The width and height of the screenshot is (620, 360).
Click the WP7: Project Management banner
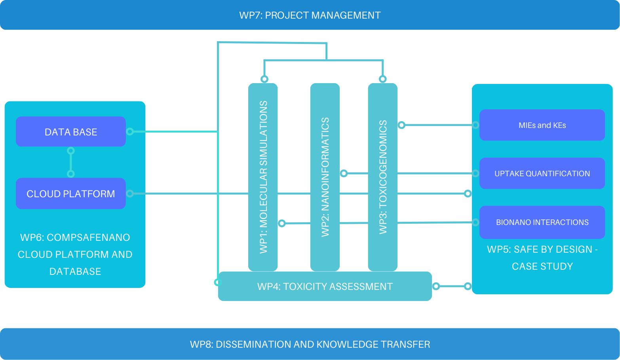(310, 15)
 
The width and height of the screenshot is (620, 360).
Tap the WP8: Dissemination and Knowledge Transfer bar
(310, 344)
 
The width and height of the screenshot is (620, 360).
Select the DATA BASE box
(70, 131)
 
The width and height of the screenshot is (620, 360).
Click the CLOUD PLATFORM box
(70, 194)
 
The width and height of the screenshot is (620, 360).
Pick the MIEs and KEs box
(542, 125)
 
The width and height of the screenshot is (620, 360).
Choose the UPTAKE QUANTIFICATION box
(542, 173)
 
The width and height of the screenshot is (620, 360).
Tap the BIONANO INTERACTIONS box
(542, 222)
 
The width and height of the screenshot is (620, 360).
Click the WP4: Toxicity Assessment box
(325, 286)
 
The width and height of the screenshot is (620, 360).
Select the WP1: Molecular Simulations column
(263, 177)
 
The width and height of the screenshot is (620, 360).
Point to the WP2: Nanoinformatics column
(325, 177)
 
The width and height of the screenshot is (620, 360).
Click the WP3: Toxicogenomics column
(382, 177)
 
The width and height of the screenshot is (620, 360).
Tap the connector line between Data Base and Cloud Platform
(71, 162)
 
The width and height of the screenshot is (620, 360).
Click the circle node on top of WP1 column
(264, 79)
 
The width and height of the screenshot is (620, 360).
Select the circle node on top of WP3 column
(382, 79)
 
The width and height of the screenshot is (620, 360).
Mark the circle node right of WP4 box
(436, 286)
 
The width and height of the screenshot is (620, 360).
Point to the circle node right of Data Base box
(130, 131)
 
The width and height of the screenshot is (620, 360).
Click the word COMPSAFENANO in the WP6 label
(88, 237)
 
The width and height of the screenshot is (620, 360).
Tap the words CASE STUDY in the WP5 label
(542, 266)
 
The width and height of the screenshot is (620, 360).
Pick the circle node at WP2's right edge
(344, 173)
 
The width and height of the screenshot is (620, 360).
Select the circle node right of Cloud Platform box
(130, 193)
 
